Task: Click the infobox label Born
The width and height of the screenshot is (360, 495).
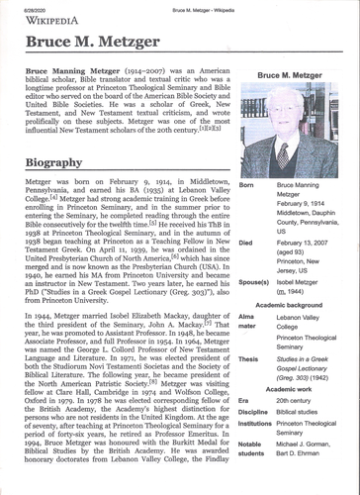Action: [246, 185]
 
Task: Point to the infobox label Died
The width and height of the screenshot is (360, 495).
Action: [246, 242]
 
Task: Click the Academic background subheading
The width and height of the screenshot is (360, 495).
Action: [294, 306]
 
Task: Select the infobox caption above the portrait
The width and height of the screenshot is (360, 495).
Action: [294, 75]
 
